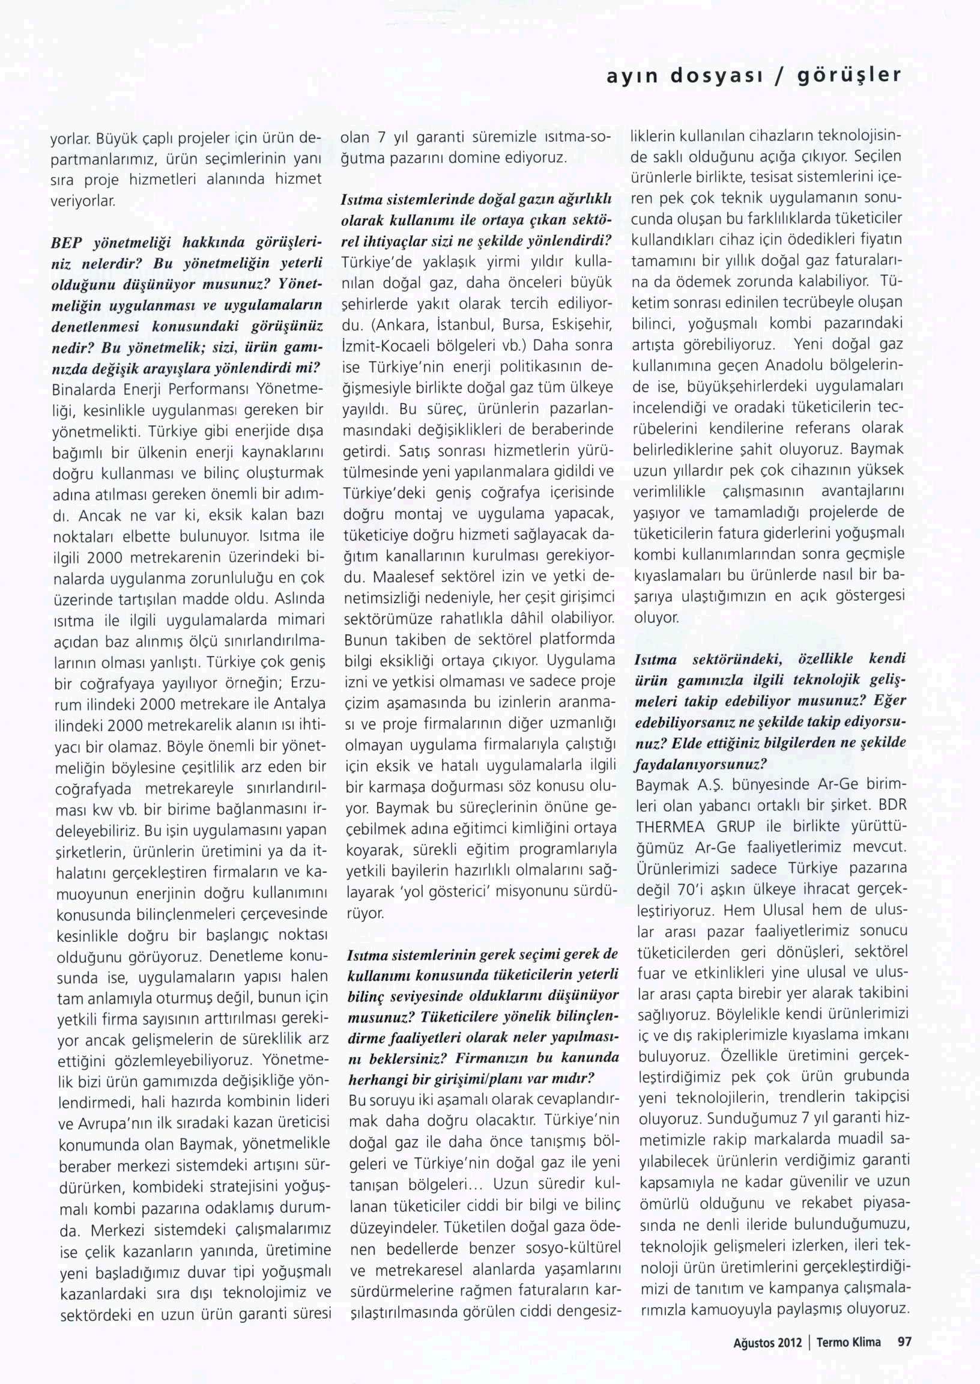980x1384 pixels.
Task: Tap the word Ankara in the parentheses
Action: (399, 327)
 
